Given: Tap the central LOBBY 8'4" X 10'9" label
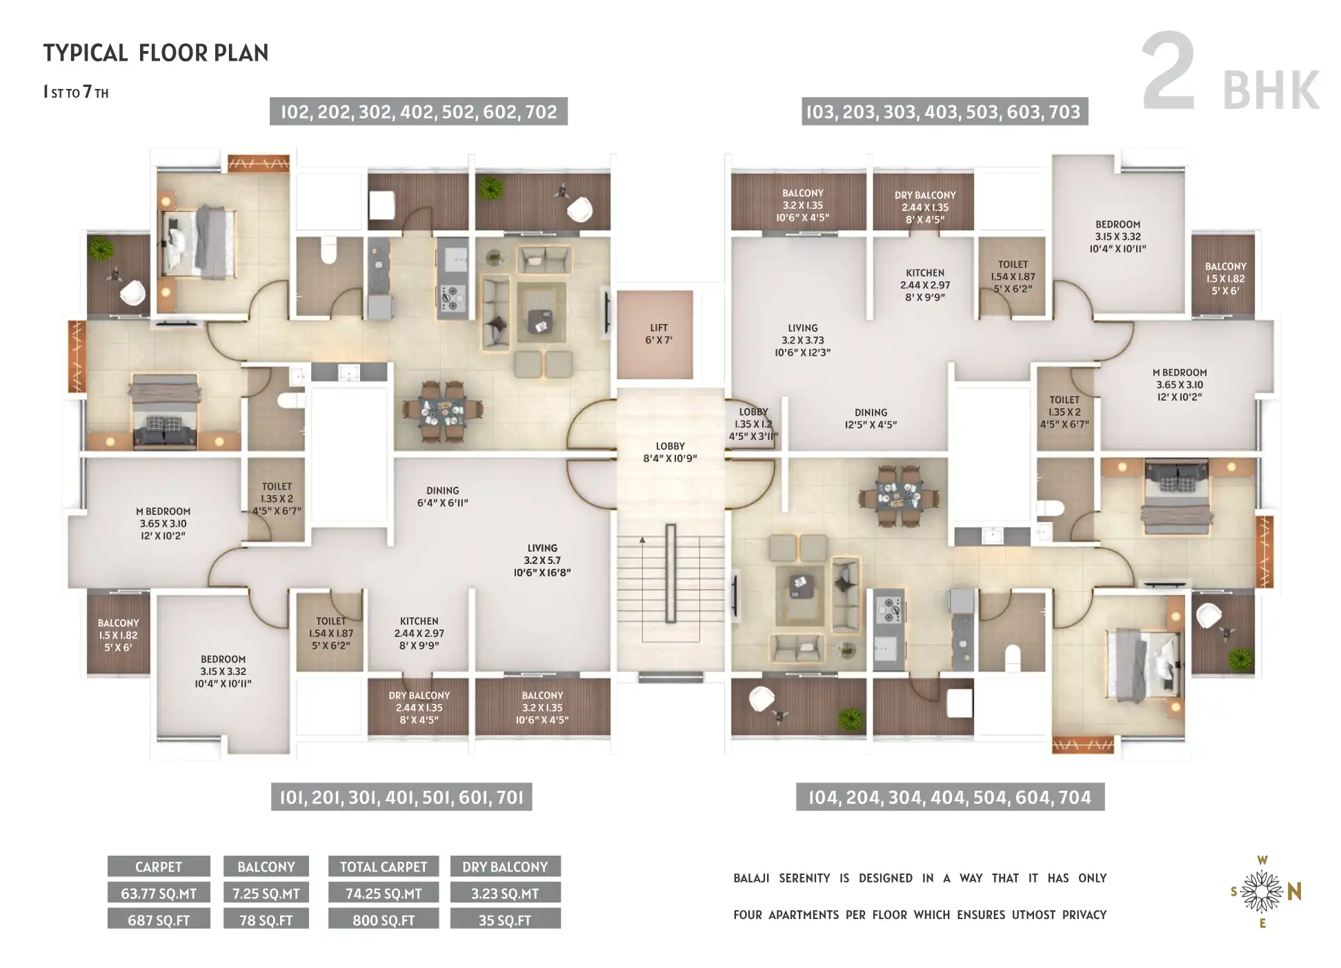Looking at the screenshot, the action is (x=670, y=452).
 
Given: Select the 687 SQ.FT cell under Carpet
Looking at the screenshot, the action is (x=159, y=920).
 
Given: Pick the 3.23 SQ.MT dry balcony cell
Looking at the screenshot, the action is (x=505, y=893).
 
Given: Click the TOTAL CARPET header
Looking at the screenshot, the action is (x=384, y=867).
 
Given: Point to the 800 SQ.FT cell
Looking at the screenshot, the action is (x=384, y=920).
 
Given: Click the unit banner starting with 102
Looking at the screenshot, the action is (x=419, y=112).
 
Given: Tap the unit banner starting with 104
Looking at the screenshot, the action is (x=950, y=797).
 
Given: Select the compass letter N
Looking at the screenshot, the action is (x=1294, y=892).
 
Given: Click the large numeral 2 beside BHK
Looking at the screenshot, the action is (x=1169, y=72).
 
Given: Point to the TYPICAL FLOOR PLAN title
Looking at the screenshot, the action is (x=156, y=53).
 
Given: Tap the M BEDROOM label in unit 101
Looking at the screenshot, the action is (x=163, y=523).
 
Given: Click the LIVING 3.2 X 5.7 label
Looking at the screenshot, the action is (x=542, y=560).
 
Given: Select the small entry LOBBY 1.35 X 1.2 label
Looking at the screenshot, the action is (x=753, y=424).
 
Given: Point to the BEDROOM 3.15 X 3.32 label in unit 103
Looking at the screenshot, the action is (x=1117, y=236).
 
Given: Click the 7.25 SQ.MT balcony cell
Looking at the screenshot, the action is (x=266, y=893).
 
